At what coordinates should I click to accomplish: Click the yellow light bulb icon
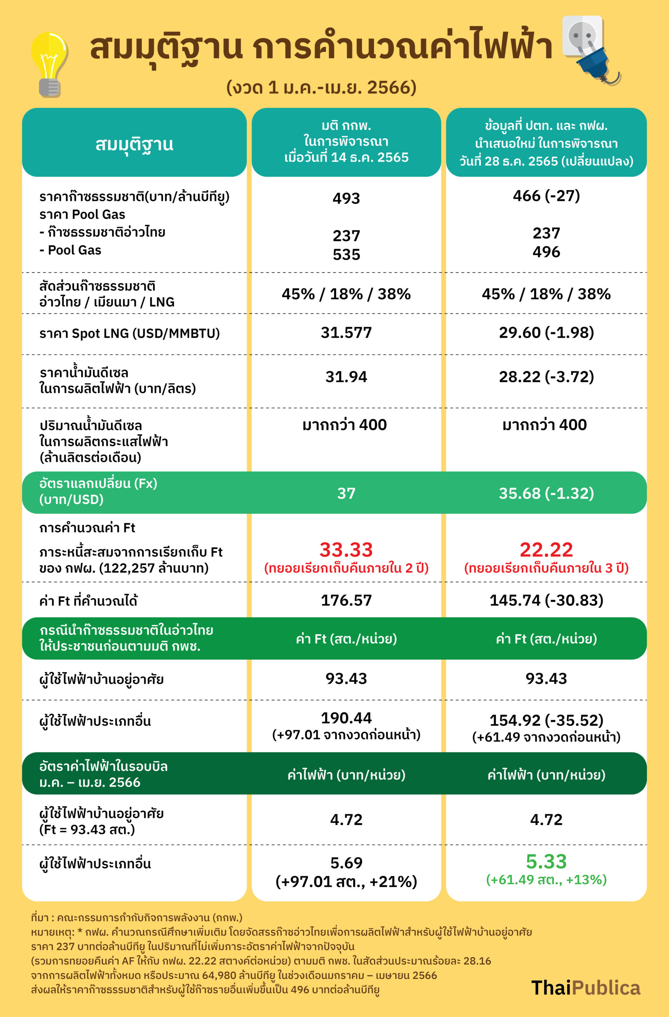pos(49,64)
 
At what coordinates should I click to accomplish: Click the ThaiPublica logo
pos(585,988)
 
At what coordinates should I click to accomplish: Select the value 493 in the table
pos(346,198)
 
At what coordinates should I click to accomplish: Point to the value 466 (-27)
pos(546,196)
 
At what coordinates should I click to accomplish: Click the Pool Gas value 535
pos(346,255)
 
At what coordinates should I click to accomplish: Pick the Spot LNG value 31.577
pos(346,333)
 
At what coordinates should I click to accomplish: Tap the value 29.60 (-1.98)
pos(546,333)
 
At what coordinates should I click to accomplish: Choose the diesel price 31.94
pos(346,377)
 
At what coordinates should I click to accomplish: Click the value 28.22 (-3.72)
pos(546,377)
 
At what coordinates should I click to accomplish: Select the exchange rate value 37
pos(346,493)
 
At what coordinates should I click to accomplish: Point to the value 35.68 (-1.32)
pos(546,493)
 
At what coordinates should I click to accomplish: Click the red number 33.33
pos(346,549)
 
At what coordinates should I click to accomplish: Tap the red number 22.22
pos(546,549)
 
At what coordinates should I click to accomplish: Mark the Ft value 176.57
pos(346,600)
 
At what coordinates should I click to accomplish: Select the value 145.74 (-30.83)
pos(546,600)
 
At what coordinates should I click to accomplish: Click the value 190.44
pos(346,718)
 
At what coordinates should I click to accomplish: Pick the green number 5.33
pos(546,861)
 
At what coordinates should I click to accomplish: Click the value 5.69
pos(346,863)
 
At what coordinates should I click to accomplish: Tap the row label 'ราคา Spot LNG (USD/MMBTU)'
pos(129,333)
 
